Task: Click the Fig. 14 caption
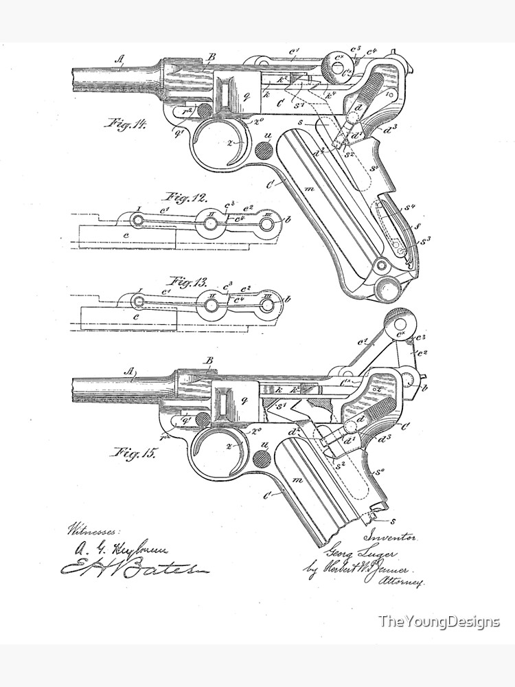point(126,124)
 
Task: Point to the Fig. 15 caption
point(129,453)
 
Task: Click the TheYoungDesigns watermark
point(439,622)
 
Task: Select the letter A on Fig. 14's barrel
point(119,60)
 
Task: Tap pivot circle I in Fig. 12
point(137,220)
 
